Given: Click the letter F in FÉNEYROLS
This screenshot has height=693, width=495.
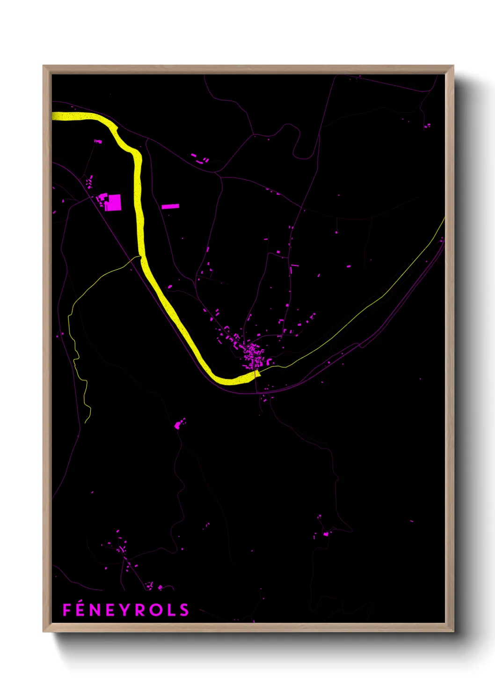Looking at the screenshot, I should point(66,610).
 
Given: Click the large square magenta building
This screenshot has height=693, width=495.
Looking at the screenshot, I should point(113,203).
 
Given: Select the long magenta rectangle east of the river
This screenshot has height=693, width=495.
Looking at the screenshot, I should point(170,206).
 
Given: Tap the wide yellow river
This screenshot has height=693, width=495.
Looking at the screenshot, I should point(138,197).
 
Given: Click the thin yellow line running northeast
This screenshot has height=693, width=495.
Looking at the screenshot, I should point(374,300).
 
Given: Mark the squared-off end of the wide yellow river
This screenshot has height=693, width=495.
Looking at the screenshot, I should point(256,373).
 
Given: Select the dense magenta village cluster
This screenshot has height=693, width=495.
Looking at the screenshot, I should point(254,356).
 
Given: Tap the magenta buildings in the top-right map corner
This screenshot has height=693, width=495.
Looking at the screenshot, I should point(427,125).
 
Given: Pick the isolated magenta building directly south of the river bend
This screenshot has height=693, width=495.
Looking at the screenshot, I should point(178,425).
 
